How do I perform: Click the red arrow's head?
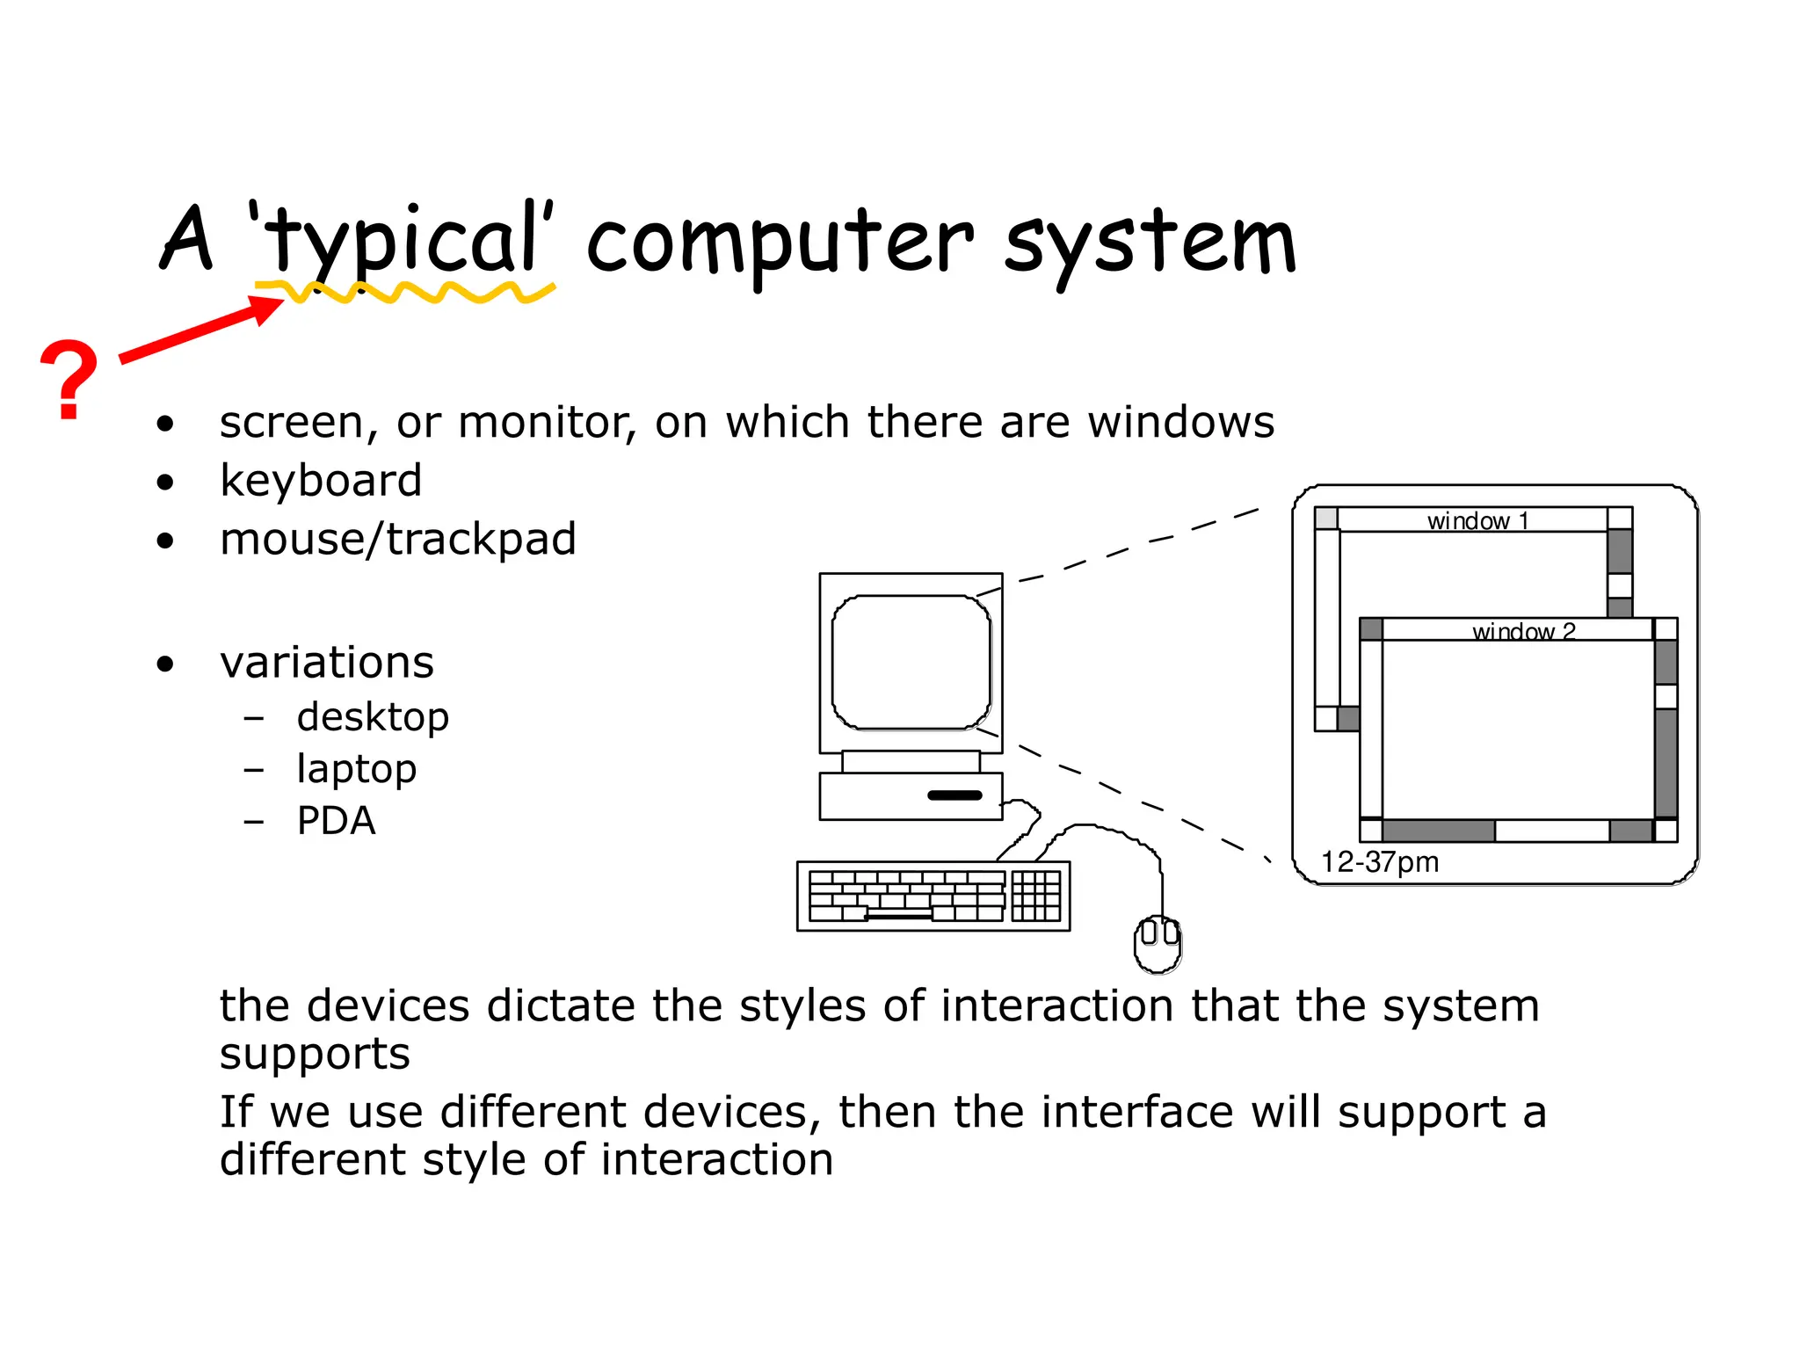268,308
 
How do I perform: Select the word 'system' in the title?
1150,242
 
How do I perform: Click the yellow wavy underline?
404,293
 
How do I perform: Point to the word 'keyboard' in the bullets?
321,481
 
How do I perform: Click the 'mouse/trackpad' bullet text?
397,539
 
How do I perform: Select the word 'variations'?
327,662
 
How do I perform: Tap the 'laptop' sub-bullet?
356,769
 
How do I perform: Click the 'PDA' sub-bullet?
336,821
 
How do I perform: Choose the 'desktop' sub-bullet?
373,717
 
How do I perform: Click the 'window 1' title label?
1477,520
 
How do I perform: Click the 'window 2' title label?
1523,631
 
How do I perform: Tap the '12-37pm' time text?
1380,861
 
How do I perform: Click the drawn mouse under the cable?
1158,943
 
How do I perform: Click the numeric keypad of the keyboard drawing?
1036,896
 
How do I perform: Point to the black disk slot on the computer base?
954,795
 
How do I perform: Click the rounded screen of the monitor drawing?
911,662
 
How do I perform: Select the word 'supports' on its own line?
315,1055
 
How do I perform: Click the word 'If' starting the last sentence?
236,1112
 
